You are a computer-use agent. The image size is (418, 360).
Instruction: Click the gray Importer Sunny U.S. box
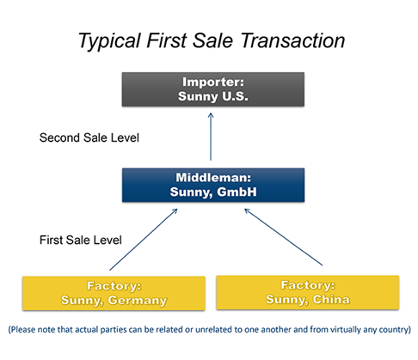(x=213, y=89)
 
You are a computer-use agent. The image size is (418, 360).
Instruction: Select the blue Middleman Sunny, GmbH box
(x=213, y=185)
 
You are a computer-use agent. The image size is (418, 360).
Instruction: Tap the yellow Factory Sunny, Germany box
(x=114, y=293)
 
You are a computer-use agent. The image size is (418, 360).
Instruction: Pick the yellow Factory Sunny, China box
(x=308, y=292)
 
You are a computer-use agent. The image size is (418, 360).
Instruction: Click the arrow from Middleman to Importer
(x=211, y=137)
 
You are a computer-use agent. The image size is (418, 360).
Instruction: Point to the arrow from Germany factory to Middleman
(x=144, y=240)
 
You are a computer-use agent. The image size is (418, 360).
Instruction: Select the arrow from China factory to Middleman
(x=283, y=237)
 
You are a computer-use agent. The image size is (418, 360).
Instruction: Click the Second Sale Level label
(x=89, y=137)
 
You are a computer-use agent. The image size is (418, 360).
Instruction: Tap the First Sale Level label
(x=81, y=240)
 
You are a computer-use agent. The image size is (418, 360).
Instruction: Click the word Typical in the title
(x=110, y=41)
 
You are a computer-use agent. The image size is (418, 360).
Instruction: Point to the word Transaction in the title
(x=292, y=40)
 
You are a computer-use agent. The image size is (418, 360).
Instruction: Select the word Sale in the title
(x=212, y=40)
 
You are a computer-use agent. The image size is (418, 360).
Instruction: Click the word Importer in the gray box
(x=213, y=82)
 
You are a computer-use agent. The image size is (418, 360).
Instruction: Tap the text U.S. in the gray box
(x=235, y=96)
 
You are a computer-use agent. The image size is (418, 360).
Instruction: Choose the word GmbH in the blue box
(x=237, y=192)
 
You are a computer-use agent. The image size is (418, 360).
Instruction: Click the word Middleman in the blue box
(x=213, y=178)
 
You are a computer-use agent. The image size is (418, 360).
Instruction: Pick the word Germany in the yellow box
(x=138, y=301)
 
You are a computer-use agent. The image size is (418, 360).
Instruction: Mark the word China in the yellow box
(x=331, y=300)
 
